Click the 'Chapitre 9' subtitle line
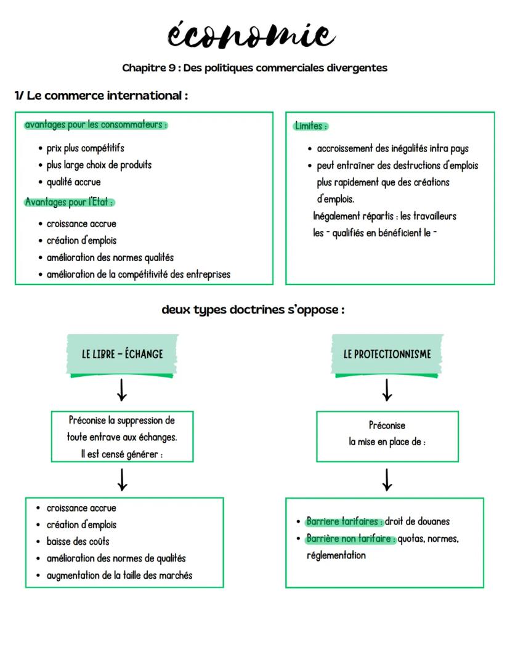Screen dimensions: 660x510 click(254, 68)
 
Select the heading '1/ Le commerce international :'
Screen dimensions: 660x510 click(101, 96)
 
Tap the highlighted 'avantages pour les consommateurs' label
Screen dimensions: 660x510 click(95, 125)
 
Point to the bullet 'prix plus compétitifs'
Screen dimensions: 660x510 click(86, 148)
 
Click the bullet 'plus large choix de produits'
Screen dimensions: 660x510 click(99, 165)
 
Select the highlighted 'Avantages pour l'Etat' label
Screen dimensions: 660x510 click(70, 202)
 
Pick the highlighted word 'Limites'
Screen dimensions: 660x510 click(310, 126)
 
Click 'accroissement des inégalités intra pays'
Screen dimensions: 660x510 click(392, 148)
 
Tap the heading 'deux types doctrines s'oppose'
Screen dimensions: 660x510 click(253, 310)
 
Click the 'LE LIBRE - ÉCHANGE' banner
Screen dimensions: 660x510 click(122, 354)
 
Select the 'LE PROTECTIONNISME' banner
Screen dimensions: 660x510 click(387, 354)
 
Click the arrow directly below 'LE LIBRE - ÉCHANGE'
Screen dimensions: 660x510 click(122, 390)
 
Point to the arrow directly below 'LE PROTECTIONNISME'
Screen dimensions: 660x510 click(387, 390)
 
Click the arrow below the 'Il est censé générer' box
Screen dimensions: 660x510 click(122, 479)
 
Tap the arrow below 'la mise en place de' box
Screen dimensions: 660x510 click(387, 479)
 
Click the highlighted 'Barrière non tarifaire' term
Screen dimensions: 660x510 click(350, 539)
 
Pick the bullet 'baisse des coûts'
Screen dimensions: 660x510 click(78, 542)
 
